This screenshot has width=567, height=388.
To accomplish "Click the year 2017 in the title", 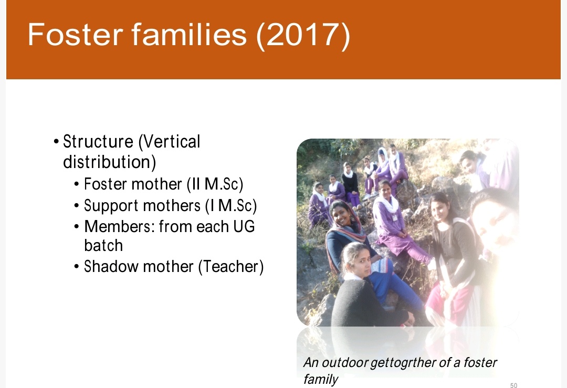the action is coord(303,35).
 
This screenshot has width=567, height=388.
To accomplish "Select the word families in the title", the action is coord(189,34).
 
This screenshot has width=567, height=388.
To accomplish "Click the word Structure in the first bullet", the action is coord(98,141).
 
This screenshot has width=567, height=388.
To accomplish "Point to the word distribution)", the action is coord(110,162).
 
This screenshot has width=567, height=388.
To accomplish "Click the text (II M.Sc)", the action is coord(215,184).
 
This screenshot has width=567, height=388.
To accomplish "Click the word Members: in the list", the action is coord(119,227).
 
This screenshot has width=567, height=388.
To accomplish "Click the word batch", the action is coord(103,246).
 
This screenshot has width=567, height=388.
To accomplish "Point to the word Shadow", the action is coord(111,267).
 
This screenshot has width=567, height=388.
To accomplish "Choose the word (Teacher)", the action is coord(230,267).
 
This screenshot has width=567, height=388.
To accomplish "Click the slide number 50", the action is coord(513,385).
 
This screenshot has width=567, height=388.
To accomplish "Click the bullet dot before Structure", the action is coord(56,141).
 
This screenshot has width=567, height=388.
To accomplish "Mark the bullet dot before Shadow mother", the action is coord(76,267).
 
